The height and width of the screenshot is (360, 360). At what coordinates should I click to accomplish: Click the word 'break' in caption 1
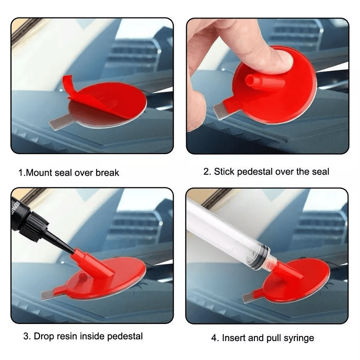point(107,173)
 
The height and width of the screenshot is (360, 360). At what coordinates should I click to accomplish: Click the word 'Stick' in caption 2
point(224,172)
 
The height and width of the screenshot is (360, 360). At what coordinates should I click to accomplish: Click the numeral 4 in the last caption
point(214,338)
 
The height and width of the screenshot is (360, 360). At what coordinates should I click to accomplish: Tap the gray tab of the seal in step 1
point(60,122)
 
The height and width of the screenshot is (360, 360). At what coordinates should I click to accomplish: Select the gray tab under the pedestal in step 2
point(219,111)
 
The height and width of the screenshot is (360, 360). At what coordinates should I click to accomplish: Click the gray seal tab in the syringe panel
point(249,298)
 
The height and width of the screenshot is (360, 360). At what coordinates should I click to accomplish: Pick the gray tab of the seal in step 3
point(49,294)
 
